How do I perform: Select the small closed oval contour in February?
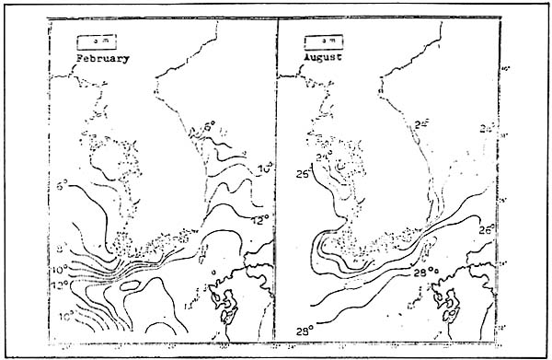click(130, 286)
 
